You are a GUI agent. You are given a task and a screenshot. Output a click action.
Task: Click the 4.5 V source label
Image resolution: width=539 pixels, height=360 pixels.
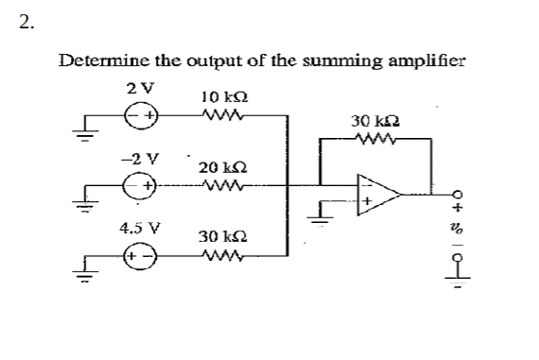[138, 227]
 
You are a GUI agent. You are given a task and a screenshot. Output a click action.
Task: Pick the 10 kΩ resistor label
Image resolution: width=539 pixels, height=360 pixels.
[224, 97]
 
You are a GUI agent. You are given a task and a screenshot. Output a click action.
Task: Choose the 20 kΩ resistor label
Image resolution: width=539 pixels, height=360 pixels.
[221, 167]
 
